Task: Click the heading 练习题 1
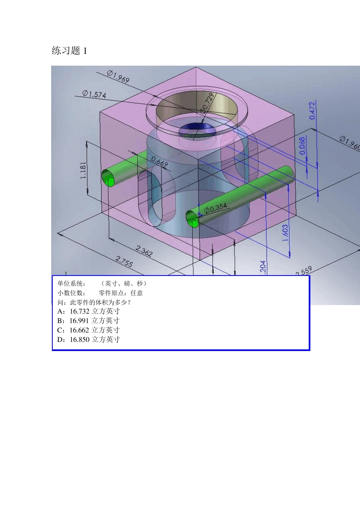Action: tap(69, 51)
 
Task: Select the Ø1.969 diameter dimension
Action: tap(118, 76)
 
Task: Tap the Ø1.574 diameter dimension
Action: tap(94, 94)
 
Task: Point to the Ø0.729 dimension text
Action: tap(208, 103)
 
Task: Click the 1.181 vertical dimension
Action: tap(83, 170)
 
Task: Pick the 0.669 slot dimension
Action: tap(160, 162)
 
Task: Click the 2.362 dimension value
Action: tap(144, 251)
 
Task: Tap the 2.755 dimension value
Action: tap(124, 261)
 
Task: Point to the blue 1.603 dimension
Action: tap(285, 233)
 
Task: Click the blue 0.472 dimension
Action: tap(312, 110)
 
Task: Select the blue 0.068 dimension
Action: tap(302, 146)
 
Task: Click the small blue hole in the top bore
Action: tap(197, 130)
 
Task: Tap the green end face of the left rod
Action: tap(108, 178)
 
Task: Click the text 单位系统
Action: tap(71, 283)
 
